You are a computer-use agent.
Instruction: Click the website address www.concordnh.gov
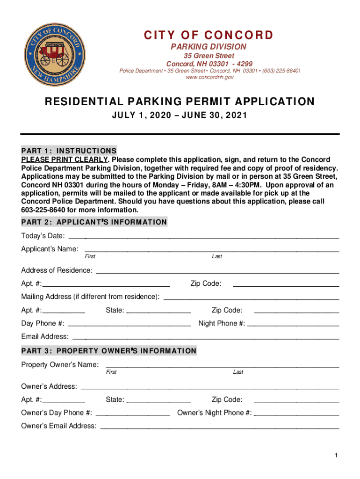(209, 78)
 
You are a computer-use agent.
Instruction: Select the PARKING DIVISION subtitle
(209, 47)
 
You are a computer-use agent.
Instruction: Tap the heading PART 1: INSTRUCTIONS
(69, 151)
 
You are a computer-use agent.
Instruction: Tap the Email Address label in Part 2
(45, 337)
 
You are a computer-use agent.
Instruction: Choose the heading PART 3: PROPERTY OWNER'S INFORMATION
(109, 351)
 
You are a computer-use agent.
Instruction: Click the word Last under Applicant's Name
(217, 257)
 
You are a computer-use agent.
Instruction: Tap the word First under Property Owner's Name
(111, 372)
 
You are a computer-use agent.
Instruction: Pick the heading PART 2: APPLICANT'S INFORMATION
(94, 222)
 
